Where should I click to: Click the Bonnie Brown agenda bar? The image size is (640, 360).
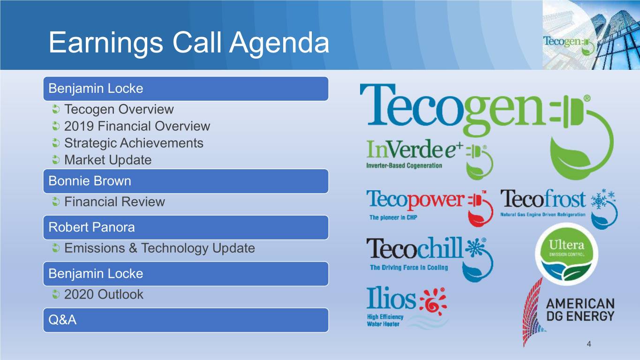coord(186,181)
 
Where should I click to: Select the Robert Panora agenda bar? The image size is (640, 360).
coord(186,227)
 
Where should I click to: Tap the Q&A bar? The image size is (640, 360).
coord(186,320)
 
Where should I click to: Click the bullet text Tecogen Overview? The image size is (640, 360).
coord(119,109)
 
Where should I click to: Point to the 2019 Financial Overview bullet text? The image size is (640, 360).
coord(137,126)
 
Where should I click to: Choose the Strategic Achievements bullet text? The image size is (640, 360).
coord(134,143)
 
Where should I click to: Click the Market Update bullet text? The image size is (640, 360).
coord(108,160)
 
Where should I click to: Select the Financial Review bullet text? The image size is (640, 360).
coord(114,202)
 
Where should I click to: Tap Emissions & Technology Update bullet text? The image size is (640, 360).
coord(159,248)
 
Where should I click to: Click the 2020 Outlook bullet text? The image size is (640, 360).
coord(104,294)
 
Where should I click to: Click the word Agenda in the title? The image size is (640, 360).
coord(279,43)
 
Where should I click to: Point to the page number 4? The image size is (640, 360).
coord(589,344)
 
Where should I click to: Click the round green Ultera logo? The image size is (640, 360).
coord(566,254)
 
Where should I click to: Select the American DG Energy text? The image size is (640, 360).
coord(580,310)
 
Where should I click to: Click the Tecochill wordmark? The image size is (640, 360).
coord(414,248)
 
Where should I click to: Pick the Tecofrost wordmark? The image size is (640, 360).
coord(543,199)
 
